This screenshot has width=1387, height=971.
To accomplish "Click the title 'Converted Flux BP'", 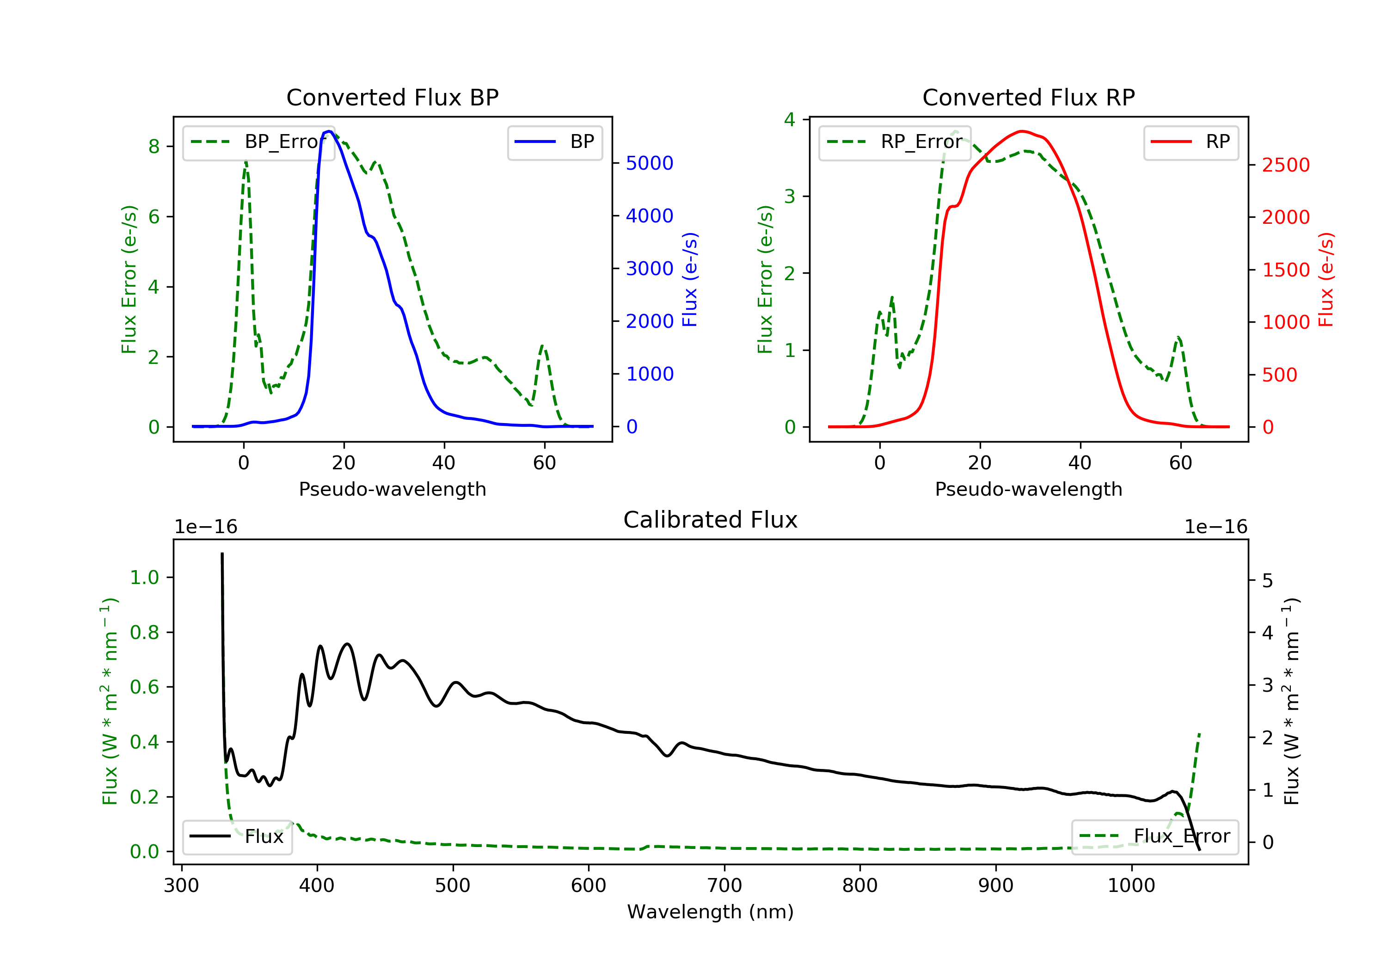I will pyautogui.click(x=392, y=97).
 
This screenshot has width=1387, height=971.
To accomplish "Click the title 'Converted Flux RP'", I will pyautogui.click(x=1028, y=97).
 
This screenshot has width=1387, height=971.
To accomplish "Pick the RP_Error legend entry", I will pyautogui.click(x=895, y=142).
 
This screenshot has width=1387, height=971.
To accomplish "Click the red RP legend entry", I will pyautogui.click(x=1191, y=142).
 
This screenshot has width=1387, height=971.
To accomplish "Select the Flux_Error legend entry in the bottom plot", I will pyautogui.click(x=1154, y=836).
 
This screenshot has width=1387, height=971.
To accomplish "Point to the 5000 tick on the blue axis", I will pyautogui.click(x=650, y=163).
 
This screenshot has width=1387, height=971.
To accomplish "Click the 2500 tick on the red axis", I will pyautogui.click(x=1285, y=165).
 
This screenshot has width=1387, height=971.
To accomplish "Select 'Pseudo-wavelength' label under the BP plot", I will pyautogui.click(x=392, y=489).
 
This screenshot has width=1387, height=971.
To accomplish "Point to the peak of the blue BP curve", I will pyautogui.click(x=329, y=131).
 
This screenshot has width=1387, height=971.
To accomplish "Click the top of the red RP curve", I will pyautogui.click(x=1021, y=131).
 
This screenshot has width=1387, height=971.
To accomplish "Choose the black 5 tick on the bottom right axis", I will pyautogui.click(x=1267, y=581).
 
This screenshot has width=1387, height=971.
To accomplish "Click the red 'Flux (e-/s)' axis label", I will pyautogui.click(x=1326, y=280).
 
